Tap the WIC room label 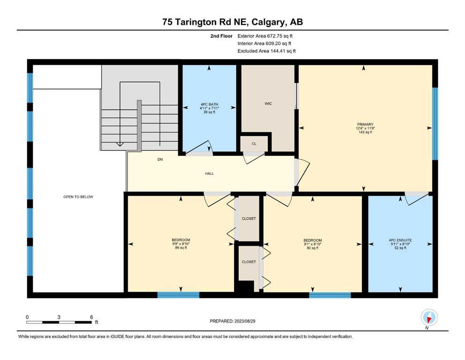pyautogui.click(x=268, y=104)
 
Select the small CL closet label pyautogui.click(x=254, y=143)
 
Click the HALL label pyautogui.click(x=209, y=173)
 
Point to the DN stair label pyautogui.click(x=160, y=159)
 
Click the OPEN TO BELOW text pyautogui.click(x=78, y=197)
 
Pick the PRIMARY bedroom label pyautogui.click(x=365, y=124)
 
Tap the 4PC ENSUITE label pyautogui.click(x=400, y=240)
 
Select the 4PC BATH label pyautogui.click(x=209, y=105)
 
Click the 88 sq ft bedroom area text pyautogui.click(x=181, y=248)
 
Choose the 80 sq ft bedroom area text pyautogui.click(x=312, y=248)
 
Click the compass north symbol pyautogui.click(x=429, y=317)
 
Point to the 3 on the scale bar pyautogui.click(x=59, y=317)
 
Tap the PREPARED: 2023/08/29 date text pyautogui.click(x=232, y=321)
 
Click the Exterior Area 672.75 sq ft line pyautogui.click(x=265, y=36)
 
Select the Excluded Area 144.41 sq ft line pyautogui.click(x=266, y=51)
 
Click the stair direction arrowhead pyautogui.click(x=120, y=144)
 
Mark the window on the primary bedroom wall pyautogui.click(x=435, y=124)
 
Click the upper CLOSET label pyautogui.click(x=249, y=218)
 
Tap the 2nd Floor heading pyautogui.click(x=221, y=36)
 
